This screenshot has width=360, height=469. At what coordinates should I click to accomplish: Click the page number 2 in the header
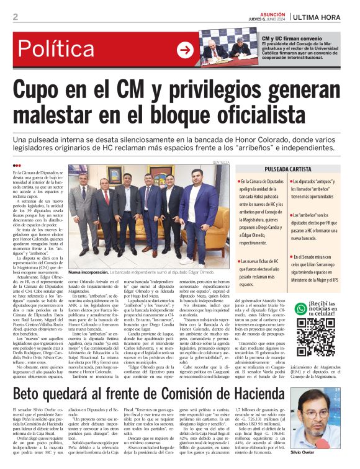pyautogui.click(x=15, y=17)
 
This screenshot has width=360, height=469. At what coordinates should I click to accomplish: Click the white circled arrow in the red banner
pyautogui.click(x=185, y=50)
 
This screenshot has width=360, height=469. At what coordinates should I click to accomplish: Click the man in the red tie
pyautogui.click(x=106, y=211)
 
